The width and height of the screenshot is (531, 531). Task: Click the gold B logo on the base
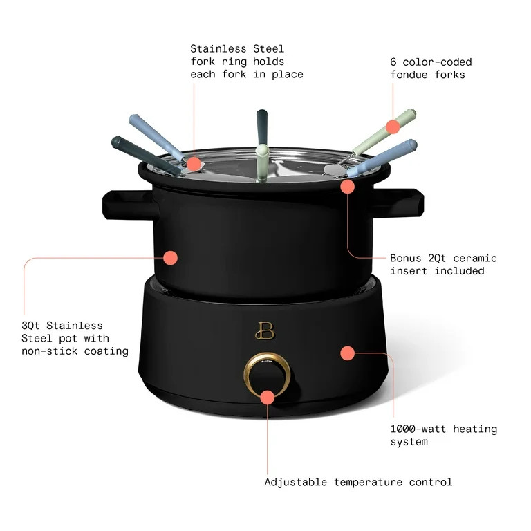coord(263,330)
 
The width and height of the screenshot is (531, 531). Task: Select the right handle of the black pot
coord(409,201)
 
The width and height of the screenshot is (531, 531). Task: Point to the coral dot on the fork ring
coord(194,164)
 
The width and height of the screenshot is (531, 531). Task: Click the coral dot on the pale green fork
coord(393,127)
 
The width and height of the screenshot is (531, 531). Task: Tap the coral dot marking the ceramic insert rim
coord(347,185)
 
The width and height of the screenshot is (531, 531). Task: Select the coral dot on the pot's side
coord(170,258)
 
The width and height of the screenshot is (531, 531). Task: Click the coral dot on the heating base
coord(347,353)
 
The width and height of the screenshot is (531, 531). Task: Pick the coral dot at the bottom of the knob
coord(267,397)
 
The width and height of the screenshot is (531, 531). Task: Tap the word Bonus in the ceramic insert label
coord(407,258)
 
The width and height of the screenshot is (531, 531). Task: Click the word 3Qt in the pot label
coord(33,326)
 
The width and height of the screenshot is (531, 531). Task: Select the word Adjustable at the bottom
coord(298,482)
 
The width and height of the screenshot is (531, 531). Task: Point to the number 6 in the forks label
coord(393,62)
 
